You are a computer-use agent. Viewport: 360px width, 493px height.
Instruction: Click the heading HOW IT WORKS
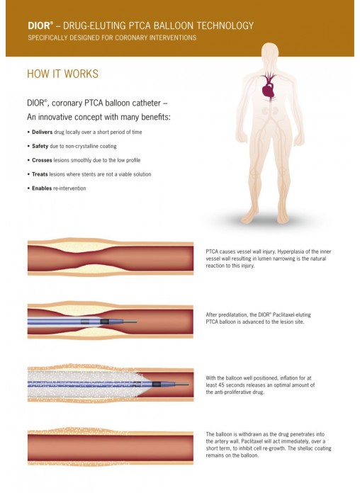click(x=62, y=74)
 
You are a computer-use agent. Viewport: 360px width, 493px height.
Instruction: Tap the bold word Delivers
click(x=43, y=132)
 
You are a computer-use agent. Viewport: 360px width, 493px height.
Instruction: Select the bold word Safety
click(x=40, y=146)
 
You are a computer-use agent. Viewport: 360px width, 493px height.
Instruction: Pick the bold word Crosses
click(x=42, y=160)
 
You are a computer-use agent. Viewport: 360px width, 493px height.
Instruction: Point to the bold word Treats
click(x=40, y=174)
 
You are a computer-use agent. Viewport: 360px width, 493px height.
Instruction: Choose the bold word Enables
click(x=42, y=188)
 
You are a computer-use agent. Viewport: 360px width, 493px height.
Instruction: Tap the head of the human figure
click(x=270, y=54)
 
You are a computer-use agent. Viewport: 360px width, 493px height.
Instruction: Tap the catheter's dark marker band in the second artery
click(x=105, y=322)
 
